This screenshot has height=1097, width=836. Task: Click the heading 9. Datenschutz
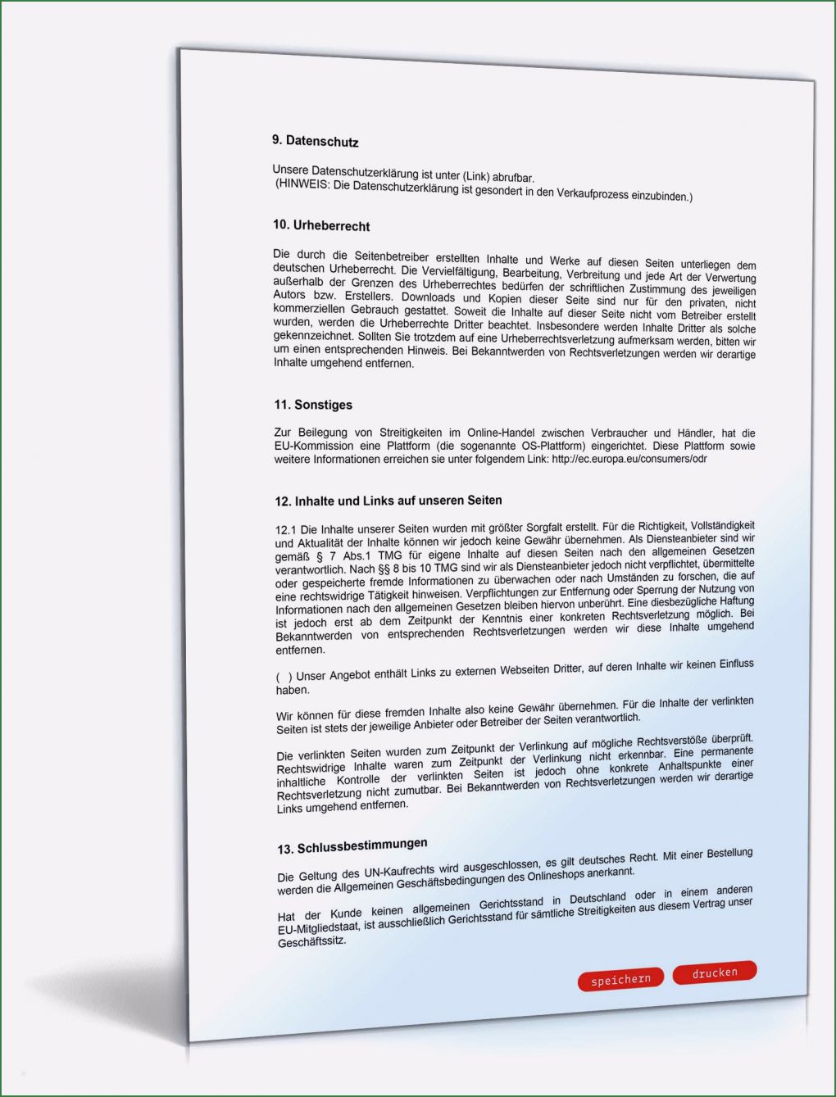(x=315, y=141)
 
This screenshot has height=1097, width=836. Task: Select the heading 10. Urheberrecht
(x=321, y=225)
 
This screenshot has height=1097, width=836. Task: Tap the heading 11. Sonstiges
(x=313, y=405)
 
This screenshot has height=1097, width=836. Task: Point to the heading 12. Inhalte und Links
(x=388, y=501)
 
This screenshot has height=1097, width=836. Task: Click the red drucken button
(x=714, y=972)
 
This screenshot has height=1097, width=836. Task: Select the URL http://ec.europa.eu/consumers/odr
(x=629, y=460)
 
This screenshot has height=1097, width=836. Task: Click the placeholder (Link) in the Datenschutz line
(x=476, y=175)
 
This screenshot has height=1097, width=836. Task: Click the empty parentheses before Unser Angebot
(x=284, y=677)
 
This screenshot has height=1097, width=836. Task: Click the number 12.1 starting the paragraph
(x=286, y=530)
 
